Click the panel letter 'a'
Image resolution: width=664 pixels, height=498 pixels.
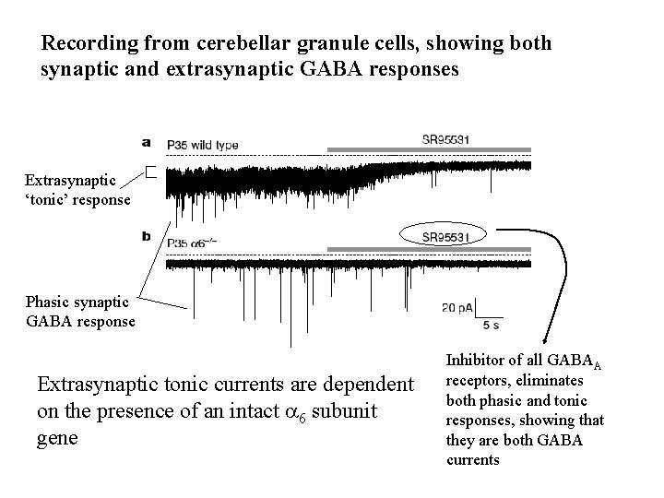coord(148,142)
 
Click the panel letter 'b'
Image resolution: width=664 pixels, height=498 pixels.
coord(148,236)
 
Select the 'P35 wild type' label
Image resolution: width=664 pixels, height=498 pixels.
coord(202,146)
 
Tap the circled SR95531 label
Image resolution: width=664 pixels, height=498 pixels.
coord(446,236)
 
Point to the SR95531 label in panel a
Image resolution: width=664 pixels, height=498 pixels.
coord(446,140)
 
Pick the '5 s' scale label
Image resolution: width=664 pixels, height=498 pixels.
coord(492,326)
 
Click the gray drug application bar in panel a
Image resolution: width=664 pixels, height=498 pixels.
coord(429,149)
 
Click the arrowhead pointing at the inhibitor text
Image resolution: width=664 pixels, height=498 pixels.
coord(544,344)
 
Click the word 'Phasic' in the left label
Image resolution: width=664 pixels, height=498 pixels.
coord(47,302)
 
